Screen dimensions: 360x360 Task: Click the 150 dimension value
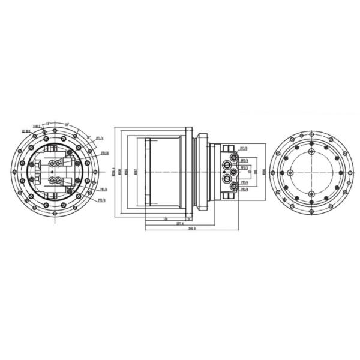click(x=165, y=218)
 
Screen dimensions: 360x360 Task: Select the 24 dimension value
click(x=189, y=218)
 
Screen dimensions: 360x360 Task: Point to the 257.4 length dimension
click(x=179, y=223)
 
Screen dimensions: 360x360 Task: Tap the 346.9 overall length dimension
click(x=192, y=229)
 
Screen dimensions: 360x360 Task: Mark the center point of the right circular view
click(x=310, y=173)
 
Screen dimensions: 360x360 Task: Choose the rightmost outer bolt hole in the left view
click(x=95, y=172)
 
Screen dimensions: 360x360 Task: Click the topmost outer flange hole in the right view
click(x=310, y=132)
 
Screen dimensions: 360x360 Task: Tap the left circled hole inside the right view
click(x=290, y=173)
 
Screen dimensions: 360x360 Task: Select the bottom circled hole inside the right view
click(x=310, y=193)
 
